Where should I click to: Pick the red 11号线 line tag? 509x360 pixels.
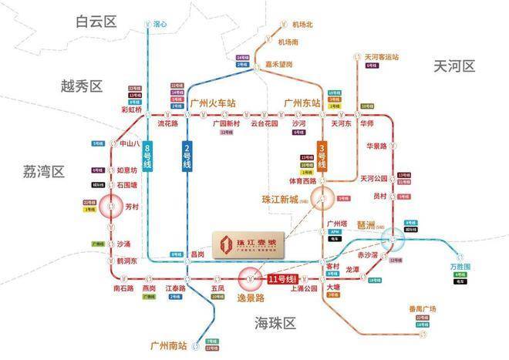(283, 278)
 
